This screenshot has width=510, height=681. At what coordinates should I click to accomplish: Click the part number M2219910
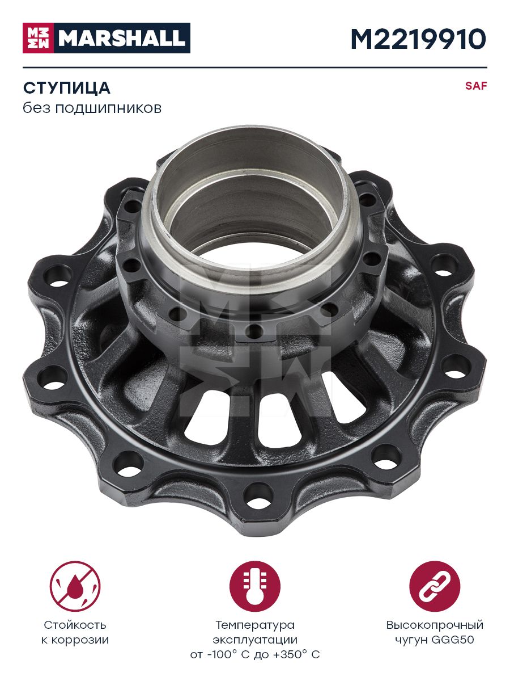tap(419, 39)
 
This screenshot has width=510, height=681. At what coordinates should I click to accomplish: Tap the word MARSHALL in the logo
tap(122, 38)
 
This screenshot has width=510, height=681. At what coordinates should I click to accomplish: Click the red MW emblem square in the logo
tap(38, 38)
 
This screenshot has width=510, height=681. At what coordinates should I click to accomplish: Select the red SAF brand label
tap(476, 86)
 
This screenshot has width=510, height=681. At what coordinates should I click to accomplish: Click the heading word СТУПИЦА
tap(66, 88)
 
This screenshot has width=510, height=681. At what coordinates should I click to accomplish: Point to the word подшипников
tap(108, 108)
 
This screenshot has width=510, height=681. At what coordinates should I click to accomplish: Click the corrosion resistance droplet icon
tap(75, 586)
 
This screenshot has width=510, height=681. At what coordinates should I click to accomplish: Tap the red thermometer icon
tap(255, 586)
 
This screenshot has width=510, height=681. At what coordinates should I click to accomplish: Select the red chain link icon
tap(435, 586)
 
